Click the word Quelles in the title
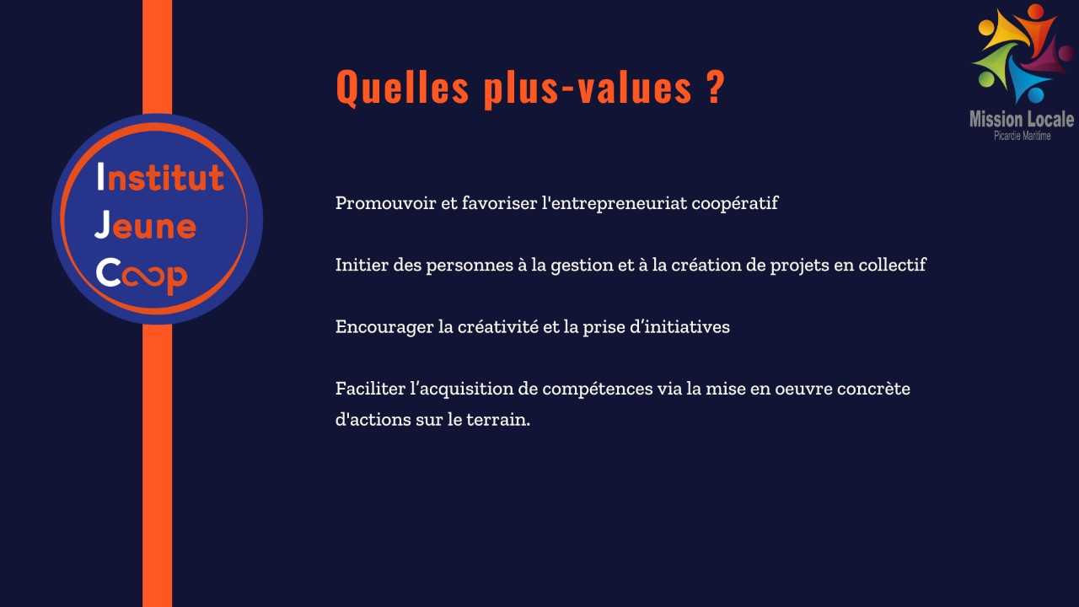coord(402,87)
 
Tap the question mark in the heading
coord(717,86)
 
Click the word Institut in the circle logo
coord(160,177)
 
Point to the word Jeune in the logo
coord(146,225)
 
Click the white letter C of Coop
coord(108,272)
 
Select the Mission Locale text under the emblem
coord(1022,119)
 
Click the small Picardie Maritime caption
coord(1023,136)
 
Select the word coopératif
coord(734,204)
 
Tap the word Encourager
coord(384,327)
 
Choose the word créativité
coord(497,326)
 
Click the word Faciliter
coord(370,389)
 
